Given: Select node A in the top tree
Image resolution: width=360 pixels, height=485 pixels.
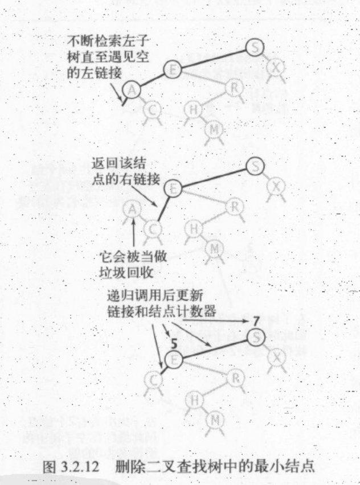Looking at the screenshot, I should tap(132, 89).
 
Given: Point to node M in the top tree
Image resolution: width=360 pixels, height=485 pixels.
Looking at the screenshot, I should tap(214, 130).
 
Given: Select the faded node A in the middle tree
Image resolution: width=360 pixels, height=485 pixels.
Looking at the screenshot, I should tap(133, 210).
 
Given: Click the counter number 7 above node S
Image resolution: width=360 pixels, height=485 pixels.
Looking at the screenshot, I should tap(257, 323).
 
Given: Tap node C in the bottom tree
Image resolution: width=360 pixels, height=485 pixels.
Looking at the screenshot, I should tap(152, 380).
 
